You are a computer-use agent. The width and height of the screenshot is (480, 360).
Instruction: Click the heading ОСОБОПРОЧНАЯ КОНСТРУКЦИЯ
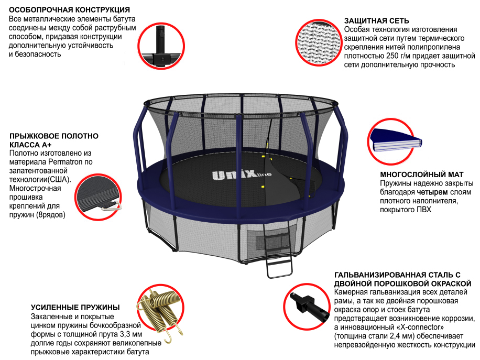70,10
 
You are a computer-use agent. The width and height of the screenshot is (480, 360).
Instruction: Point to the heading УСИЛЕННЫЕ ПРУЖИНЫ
75,307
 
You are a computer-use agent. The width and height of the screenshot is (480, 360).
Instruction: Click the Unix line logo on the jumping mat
234,176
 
